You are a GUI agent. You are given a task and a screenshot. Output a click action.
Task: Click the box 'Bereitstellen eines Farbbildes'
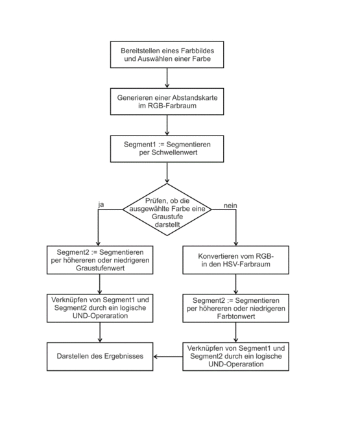(x=167, y=54)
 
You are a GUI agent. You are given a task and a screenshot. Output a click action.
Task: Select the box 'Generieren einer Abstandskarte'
(x=167, y=102)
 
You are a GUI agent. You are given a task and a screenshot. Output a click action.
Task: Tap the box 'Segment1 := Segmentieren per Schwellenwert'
(x=167, y=149)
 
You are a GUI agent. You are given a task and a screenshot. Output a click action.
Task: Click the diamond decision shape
(x=167, y=209)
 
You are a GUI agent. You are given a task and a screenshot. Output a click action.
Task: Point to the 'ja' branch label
(x=101, y=204)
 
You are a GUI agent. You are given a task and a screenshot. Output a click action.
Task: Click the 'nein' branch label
(x=230, y=206)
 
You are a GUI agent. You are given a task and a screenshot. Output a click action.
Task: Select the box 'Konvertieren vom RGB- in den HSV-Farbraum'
(x=236, y=260)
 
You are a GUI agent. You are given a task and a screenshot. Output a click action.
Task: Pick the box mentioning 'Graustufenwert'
(x=100, y=260)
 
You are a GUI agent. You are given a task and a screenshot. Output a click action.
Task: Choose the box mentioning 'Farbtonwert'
(x=236, y=308)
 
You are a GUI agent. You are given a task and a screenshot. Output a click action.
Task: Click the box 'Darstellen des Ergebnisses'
(x=100, y=357)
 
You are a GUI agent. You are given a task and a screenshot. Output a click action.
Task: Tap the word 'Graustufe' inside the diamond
(x=167, y=217)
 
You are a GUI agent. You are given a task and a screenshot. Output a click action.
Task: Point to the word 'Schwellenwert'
(x=174, y=152)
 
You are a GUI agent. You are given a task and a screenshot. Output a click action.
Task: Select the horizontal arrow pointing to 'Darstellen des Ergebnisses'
(x=168, y=357)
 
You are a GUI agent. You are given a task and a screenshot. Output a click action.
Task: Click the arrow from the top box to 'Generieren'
(x=167, y=78)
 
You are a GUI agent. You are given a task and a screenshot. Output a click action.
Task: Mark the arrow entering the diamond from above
(x=167, y=172)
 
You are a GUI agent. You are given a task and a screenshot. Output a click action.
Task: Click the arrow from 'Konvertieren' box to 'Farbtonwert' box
(x=236, y=284)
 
